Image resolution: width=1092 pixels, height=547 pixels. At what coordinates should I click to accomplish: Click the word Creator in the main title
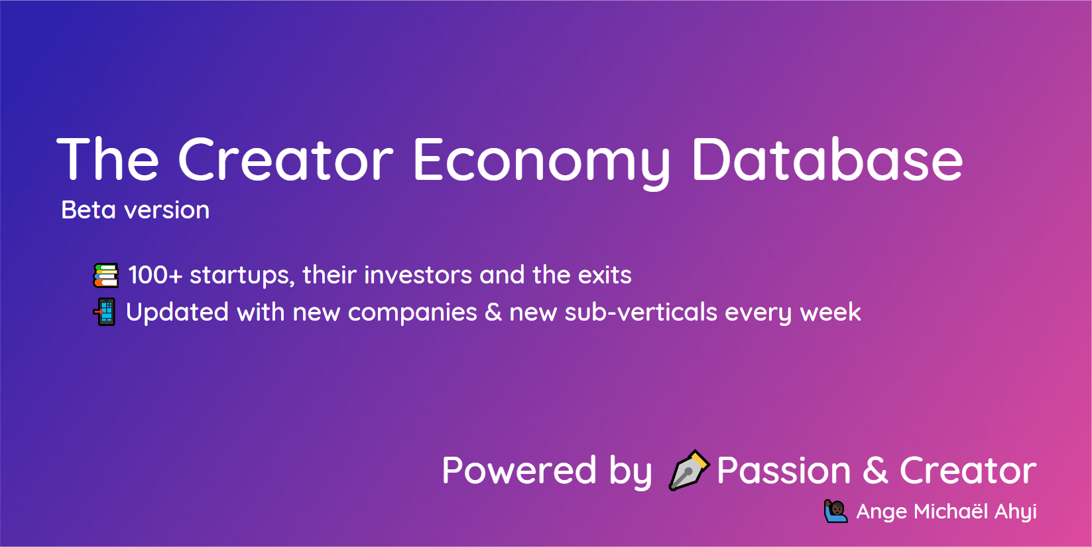click(x=285, y=160)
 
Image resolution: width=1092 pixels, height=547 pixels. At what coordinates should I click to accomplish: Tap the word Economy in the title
click(x=541, y=160)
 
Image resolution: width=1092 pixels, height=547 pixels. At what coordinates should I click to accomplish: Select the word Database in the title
click(x=826, y=160)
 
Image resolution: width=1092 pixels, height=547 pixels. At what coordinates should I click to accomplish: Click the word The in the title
click(x=108, y=160)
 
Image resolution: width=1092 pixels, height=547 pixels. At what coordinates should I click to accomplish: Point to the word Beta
click(x=88, y=210)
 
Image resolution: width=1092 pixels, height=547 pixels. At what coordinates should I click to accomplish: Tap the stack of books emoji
click(x=106, y=275)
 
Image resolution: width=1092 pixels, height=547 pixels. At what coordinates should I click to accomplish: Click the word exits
click(x=605, y=275)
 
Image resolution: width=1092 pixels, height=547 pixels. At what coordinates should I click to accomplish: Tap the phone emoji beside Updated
click(x=105, y=312)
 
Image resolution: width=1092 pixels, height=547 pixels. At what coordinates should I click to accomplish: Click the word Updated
click(x=177, y=313)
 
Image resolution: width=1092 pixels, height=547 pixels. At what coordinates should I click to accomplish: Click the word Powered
click(x=519, y=471)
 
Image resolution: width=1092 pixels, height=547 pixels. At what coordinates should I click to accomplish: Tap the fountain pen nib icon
click(x=688, y=470)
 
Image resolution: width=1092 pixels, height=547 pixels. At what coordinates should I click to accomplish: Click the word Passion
click(x=784, y=471)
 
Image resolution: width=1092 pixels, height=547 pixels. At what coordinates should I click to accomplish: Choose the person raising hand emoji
click(x=835, y=511)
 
